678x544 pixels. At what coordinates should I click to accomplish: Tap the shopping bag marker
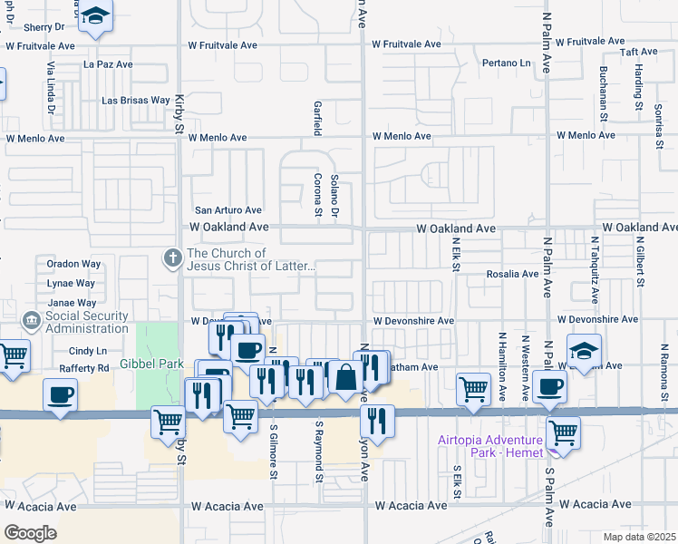[345, 377]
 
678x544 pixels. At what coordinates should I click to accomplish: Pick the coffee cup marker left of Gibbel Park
[60, 395]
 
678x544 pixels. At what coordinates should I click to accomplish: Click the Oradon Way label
[73, 264]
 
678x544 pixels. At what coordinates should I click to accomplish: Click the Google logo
[30, 532]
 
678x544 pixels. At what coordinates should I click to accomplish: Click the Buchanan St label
[602, 92]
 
